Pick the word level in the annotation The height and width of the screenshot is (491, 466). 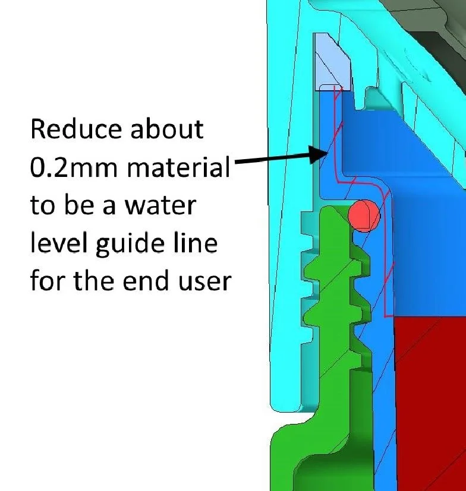[x=54, y=244]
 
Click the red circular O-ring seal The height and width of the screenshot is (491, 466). [x=364, y=214]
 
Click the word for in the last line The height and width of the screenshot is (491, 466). [x=49, y=281]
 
